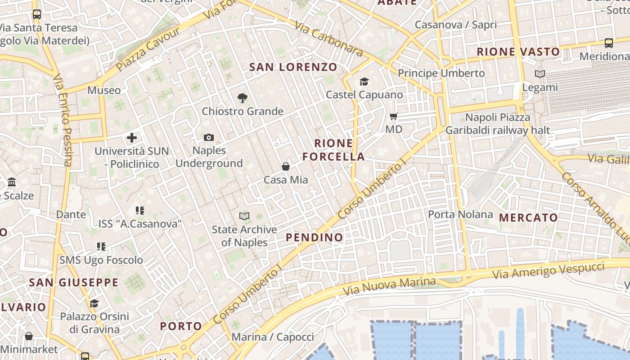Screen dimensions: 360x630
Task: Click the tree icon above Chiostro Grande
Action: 242,98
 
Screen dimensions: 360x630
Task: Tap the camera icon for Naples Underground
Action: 209,137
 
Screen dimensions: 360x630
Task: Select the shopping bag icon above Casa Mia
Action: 285,166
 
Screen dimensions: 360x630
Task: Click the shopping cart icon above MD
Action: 394,117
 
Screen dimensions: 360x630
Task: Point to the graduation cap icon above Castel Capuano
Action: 364,81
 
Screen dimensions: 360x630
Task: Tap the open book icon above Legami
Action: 540,74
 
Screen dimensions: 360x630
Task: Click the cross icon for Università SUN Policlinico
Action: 131,137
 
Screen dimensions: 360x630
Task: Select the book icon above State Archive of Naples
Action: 244,216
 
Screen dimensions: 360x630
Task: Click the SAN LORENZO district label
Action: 293,67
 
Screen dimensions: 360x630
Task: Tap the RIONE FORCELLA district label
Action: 333,150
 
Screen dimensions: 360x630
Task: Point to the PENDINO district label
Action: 314,237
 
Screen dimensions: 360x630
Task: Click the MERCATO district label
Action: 528,218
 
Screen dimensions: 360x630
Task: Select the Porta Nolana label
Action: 460,214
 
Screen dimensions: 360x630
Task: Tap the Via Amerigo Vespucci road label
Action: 548,270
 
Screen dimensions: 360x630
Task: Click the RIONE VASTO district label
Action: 518,52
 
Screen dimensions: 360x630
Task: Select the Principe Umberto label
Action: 441,73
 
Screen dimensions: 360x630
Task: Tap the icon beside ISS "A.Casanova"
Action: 139,210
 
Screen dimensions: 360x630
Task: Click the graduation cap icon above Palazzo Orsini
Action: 94,303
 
